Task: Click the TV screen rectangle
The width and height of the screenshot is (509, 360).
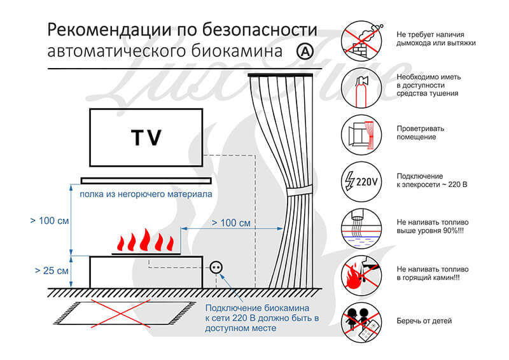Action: coord(146,137)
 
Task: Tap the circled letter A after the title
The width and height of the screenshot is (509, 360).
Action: coord(305,51)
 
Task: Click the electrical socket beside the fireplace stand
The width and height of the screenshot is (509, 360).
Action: coord(216,268)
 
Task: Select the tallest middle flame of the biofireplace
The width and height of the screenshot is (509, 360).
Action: coord(144,240)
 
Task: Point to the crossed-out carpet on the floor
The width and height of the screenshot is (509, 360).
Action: coord(124,313)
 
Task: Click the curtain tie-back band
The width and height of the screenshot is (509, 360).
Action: coord(299,191)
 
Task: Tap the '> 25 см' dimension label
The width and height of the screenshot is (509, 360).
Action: coord(52,270)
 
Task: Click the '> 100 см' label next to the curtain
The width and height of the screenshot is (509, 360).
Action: coord(231,223)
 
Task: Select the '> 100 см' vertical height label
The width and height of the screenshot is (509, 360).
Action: coord(50,221)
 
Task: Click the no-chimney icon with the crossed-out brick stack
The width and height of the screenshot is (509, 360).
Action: coord(361,41)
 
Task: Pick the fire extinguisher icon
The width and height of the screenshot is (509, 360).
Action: coord(361,88)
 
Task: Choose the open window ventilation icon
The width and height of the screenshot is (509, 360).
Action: coord(361,135)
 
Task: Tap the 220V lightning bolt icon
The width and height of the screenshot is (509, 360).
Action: coord(361,182)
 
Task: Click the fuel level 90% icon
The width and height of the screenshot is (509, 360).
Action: coord(361,228)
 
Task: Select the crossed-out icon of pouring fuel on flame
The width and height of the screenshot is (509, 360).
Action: coord(361,275)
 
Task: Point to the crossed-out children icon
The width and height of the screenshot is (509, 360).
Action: coord(361,322)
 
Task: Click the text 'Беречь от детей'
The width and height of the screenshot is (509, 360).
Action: coord(424,321)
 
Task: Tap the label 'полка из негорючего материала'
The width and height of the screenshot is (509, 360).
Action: coord(146,194)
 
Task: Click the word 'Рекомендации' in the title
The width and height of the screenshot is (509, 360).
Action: coord(109,30)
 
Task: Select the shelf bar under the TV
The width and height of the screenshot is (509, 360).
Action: coord(146,181)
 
